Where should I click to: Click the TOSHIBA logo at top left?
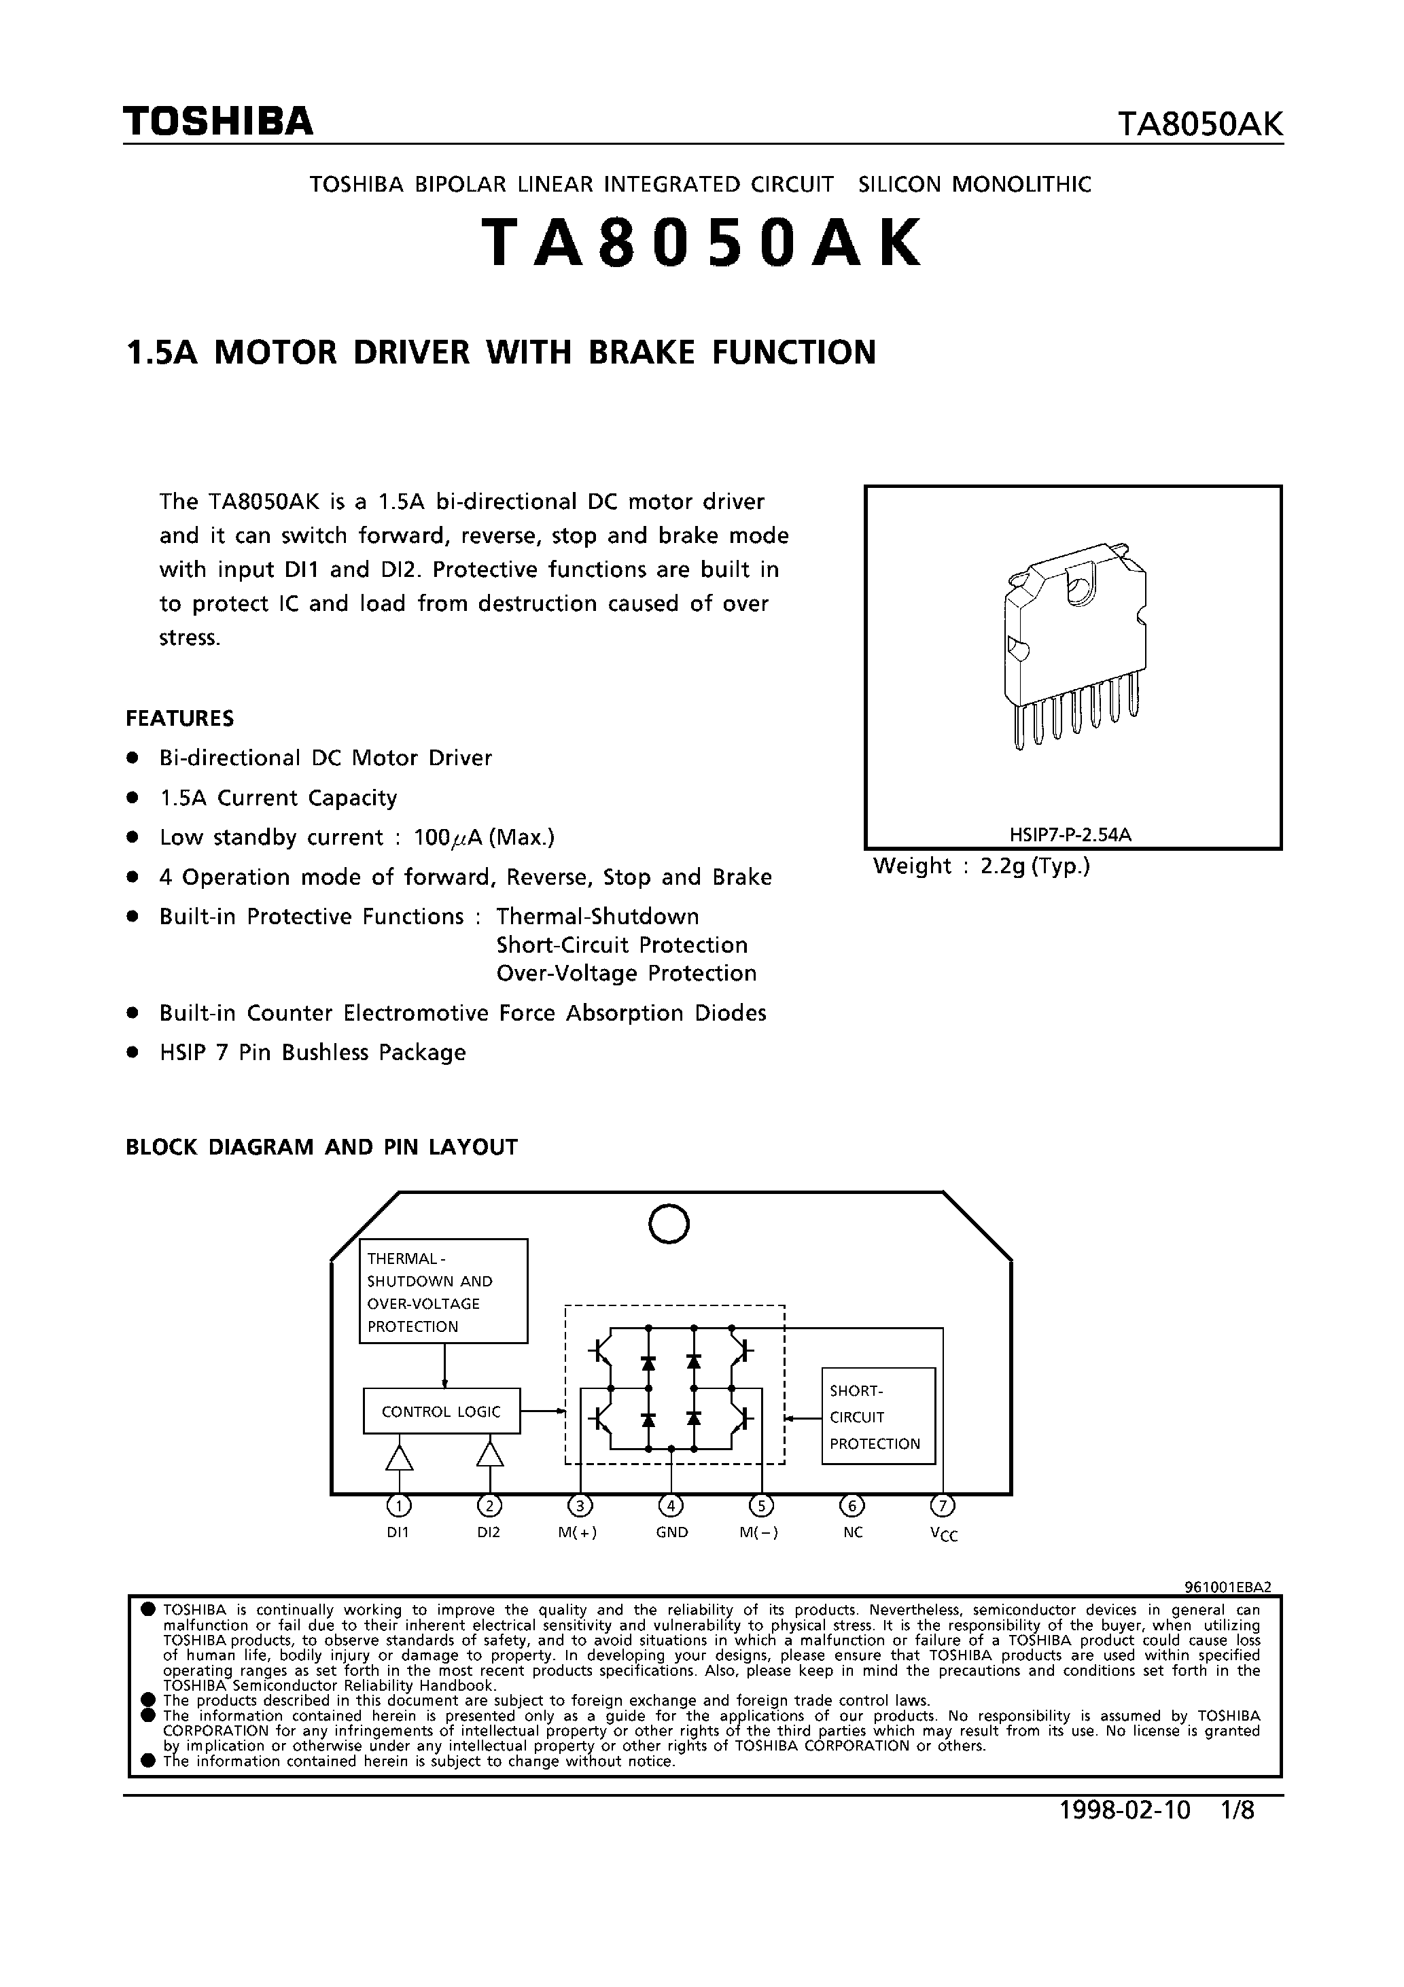tap(218, 122)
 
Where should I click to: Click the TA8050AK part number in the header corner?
tap(1199, 124)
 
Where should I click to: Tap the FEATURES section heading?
tap(179, 718)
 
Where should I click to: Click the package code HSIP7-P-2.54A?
tap(1071, 835)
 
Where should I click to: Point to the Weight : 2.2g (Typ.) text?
tap(981, 866)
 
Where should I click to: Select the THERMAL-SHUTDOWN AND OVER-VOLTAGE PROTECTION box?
tap(443, 1290)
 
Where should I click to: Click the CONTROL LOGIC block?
tap(442, 1411)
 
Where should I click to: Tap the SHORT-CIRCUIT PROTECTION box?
tap(878, 1417)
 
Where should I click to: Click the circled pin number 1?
tap(398, 1507)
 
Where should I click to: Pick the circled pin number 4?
tap(671, 1506)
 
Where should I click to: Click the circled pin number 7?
tap(943, 1506)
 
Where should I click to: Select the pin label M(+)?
tap(578, 1532)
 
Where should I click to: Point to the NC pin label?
tap(853, 1532)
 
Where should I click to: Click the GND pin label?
tap(671, 1532)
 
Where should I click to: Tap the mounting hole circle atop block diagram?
tap(668, 1224)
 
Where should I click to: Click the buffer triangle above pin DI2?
tap(490, 1455)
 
